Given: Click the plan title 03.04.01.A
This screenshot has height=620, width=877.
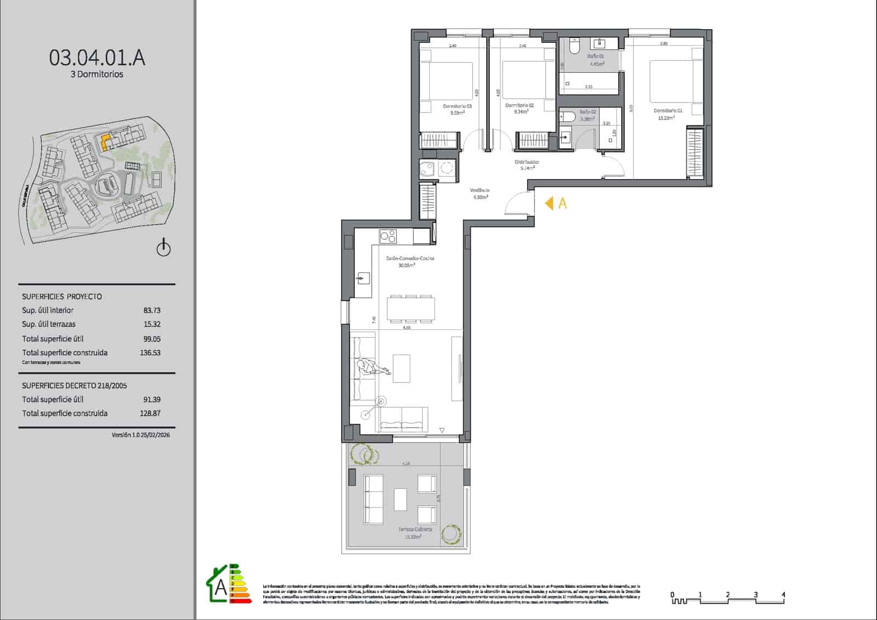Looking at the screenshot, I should [x=97, y=58].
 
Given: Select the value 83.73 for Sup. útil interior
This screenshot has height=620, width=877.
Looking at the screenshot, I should [x=152, y=310].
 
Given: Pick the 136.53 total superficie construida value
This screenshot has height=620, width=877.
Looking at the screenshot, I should [x=150, y=353].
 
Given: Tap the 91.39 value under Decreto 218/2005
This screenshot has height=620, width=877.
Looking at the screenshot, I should [x=152, y=400].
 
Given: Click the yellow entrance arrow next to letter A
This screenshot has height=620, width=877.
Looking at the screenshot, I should [x=549, y=203].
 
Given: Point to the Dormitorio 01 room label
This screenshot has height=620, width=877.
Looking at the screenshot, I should [x=668, y=111].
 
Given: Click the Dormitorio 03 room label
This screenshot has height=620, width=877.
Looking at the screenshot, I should [x=457, y=106].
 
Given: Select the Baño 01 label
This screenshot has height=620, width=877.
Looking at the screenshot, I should [x=595, y=56].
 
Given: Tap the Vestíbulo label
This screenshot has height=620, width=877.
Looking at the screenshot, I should [x=479, y=190].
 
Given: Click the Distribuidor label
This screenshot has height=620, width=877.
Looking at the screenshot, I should [x=527, y=162].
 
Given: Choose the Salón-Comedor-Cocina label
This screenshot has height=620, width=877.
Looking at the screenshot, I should [x=410, y=258].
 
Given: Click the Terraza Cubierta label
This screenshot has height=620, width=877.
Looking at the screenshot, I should [x=415, y=530].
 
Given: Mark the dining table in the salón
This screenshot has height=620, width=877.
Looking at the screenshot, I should [x=411, y=308].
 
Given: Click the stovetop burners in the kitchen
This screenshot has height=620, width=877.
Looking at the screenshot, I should [x=388, y=236].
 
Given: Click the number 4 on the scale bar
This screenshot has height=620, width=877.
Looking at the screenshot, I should [x=783, y=594].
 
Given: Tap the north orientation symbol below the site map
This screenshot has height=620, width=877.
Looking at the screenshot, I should [x=163, y=248].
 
